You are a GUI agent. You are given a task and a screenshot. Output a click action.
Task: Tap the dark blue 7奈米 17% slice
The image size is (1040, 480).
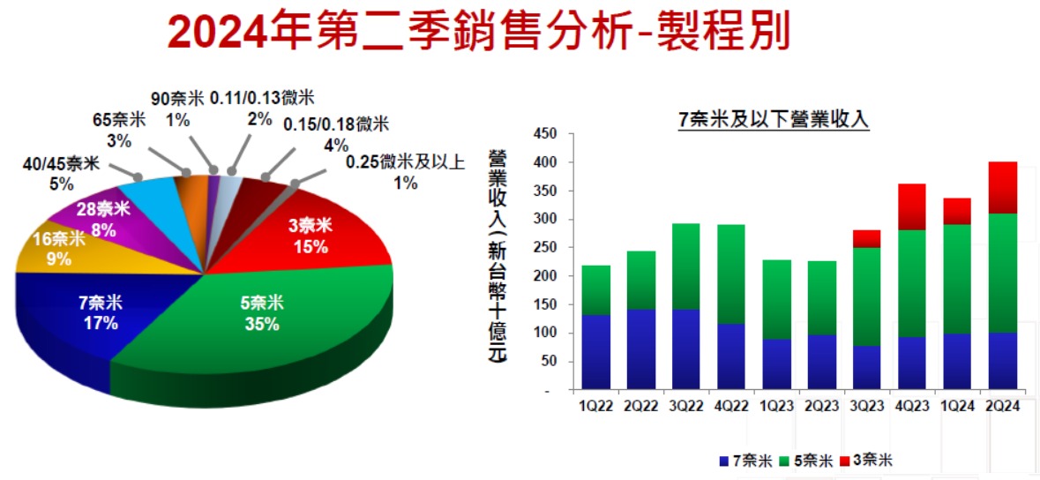tap(100, 312)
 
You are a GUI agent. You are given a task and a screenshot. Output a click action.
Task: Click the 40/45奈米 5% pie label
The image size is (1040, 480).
tap(60, 175)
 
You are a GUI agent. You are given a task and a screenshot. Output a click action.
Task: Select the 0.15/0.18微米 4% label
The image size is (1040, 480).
tap(336, 133)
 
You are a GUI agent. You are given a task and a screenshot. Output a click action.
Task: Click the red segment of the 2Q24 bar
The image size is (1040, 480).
tap(1002, 188)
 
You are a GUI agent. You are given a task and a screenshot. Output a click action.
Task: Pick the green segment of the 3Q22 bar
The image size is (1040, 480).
tap(686, 266)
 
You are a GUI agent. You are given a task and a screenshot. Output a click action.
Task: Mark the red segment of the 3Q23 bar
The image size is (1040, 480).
tap(867, 239)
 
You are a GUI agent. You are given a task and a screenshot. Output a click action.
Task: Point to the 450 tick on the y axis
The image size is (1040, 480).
tap(547, 134)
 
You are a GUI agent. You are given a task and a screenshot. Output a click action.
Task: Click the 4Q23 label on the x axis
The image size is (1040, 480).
tap(912, 404)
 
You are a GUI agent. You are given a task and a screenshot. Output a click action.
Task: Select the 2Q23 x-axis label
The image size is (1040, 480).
tap(822, 404)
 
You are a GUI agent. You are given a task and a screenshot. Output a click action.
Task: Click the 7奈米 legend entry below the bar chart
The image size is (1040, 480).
tap(745, 460)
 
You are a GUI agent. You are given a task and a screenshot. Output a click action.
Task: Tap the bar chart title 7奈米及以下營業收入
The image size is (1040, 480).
tap(774, 120)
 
